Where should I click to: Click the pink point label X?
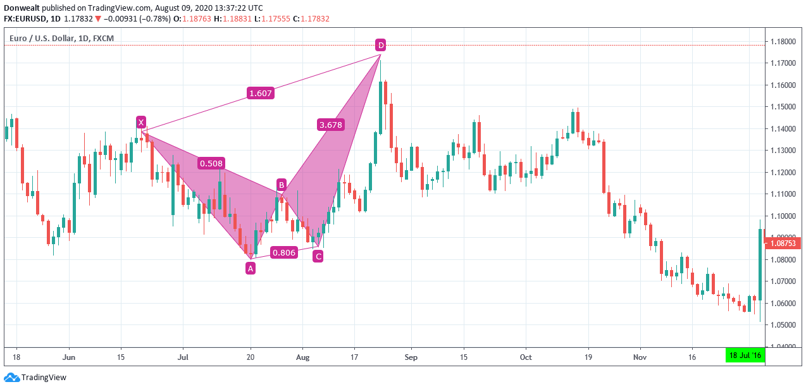tap(141, 122)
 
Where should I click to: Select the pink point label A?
tap(251, 268)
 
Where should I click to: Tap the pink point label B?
tap(281, 185)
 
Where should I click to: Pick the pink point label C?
tap(318, 256)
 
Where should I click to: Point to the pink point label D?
tap(380, 45)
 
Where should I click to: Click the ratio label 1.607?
tap(260, 93)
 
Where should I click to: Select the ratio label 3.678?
tap(330, 125)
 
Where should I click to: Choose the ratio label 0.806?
tap(283, 252)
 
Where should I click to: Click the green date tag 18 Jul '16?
tap(745, 356)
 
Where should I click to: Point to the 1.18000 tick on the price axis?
tap(784, 42)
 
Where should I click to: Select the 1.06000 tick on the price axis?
tap(784, 304)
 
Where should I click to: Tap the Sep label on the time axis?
tap(411, 357)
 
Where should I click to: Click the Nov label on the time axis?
tap(640, 357)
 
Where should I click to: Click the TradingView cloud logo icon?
tap(11, 378)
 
